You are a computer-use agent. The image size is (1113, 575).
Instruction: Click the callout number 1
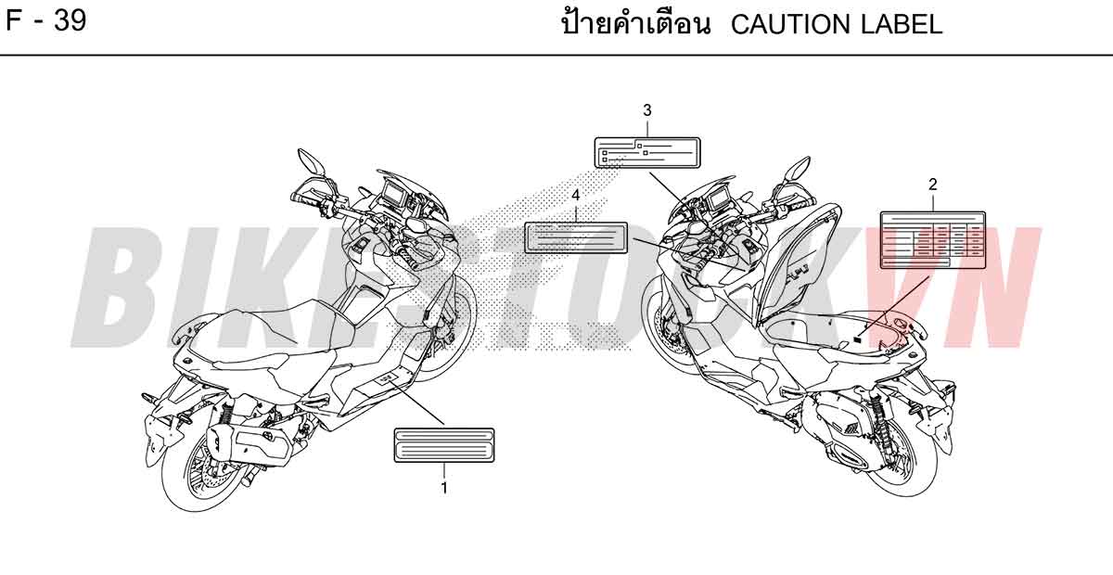coord(444,488)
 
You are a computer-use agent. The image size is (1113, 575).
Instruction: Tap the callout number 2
coord(933,185)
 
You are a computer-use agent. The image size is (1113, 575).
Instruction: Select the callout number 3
coord(647,110)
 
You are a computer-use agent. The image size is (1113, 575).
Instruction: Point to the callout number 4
coord(575,196)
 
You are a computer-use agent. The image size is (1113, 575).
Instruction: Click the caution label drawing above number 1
coord(444,445)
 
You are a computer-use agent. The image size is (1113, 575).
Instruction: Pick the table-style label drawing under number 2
coord(933,240)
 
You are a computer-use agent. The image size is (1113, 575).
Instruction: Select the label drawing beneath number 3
coord(647,153)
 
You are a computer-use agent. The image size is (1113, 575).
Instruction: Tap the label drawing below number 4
coord(576,237)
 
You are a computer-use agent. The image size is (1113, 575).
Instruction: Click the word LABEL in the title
coord(902,24)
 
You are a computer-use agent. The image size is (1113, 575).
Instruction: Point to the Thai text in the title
coord(636,23)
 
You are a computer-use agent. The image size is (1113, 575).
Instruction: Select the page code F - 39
coord(46,21)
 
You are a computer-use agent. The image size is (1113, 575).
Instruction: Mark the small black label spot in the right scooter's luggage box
coord(857,339)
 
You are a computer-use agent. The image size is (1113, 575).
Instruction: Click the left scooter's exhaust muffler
coord(249,444)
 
